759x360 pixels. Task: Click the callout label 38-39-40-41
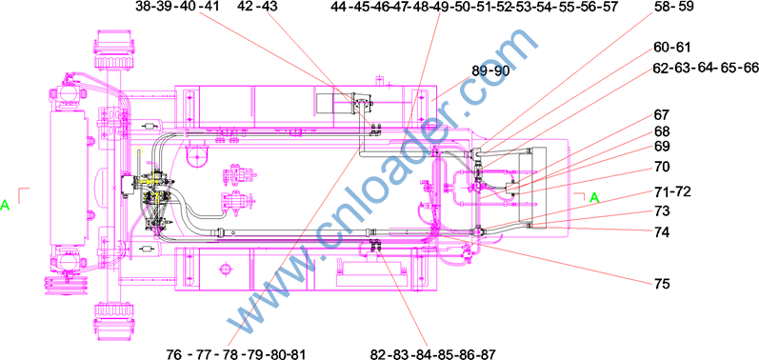coord(177,7)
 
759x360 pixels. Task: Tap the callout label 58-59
coord(674,7)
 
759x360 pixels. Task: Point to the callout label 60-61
coord(673,48)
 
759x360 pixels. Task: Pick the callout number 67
coord(661,115)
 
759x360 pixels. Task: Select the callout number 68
coord(661,131)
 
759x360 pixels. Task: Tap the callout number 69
coord(661,146)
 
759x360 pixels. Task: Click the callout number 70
coord(661,168)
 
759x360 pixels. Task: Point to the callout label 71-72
coord(672,191)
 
